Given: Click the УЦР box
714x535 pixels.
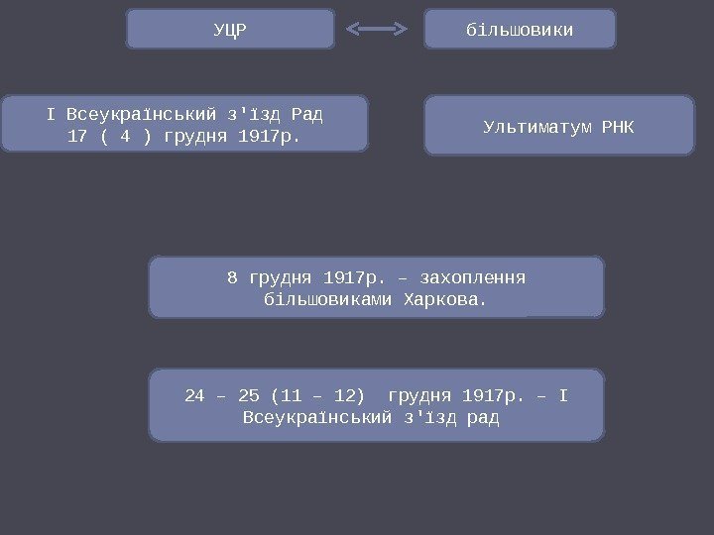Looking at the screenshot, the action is tap(230, 30).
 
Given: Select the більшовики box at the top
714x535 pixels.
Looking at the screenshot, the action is tap(520, 30).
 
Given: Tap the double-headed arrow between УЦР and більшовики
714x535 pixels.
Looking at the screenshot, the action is tap(377, 30).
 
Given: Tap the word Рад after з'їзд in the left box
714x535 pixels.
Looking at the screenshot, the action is tap(308, 113).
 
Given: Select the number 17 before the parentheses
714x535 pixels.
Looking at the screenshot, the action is tap(76, 136).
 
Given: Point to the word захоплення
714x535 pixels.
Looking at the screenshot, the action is tap(472, 276).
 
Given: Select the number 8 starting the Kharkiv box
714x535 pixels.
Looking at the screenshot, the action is tap(232, 276).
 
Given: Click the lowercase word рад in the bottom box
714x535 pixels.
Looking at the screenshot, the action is tap(483, 419).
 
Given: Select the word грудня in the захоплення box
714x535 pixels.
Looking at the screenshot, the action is tap(281, 276).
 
